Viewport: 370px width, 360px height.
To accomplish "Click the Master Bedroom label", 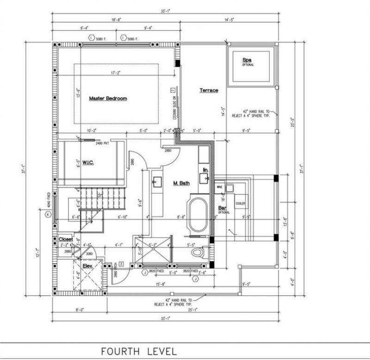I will (108, 98).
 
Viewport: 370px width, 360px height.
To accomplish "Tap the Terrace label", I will (209, 91).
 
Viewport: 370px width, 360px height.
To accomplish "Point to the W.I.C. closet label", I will (88, 163).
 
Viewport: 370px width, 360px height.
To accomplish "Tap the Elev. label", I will (88, 266).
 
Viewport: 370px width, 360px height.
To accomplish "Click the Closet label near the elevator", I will (66, 239).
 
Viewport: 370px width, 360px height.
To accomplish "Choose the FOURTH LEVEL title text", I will (139, 351).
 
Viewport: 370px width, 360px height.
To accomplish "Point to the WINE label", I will (220, 187).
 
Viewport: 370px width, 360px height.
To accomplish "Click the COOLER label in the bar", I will (240, 203).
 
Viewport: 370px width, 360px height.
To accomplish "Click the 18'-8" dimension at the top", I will (115, 19).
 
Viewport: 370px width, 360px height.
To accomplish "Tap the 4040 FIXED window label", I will (48, 202).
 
